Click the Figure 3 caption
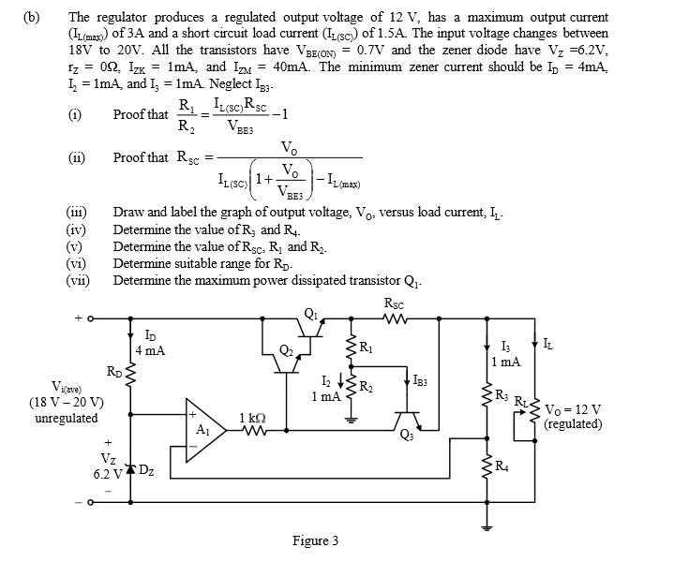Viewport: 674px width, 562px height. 316,540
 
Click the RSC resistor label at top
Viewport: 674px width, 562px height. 395,303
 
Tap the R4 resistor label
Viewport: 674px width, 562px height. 503,467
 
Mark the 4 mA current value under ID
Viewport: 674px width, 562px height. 150,351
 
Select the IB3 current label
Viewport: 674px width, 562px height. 424,379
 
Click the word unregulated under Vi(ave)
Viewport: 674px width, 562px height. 66,418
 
